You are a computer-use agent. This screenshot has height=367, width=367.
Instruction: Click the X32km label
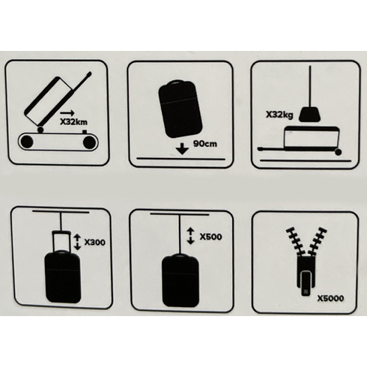[73, 122]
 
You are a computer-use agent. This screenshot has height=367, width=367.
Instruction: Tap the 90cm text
[205, 144]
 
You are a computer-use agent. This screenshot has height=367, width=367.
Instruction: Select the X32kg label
[279, 115]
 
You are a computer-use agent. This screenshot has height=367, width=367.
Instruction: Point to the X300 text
[95, 243]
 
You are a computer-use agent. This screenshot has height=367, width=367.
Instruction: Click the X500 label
[210, 237]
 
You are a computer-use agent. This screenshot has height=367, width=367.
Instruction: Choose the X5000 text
[330, 298]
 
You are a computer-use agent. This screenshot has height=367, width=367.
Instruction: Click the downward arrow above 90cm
[182, 148]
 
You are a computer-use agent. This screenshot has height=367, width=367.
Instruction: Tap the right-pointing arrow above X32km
[67, 112]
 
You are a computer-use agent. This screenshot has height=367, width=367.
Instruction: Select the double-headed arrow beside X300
[78, 241]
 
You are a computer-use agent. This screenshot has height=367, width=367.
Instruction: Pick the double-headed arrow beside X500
[190, 236]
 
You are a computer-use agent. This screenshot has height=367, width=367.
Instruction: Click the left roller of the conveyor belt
[27, 142]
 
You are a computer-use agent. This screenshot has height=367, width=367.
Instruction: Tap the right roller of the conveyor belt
[89, 142]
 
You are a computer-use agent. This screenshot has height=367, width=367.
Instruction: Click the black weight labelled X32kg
[310, 115]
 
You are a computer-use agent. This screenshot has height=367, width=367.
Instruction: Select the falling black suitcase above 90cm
[181, 109]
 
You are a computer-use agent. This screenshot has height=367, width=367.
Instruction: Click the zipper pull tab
[306, 283]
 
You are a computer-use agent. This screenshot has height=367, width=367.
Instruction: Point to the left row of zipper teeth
[295, 241]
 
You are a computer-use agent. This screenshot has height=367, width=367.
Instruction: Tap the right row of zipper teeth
[317, 241]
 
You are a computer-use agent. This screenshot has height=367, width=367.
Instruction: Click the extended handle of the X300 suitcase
[61, 241]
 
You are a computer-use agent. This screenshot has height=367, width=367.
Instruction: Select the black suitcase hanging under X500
[181, 280]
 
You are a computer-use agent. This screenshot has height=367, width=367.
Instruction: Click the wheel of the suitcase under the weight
[338, 152]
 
